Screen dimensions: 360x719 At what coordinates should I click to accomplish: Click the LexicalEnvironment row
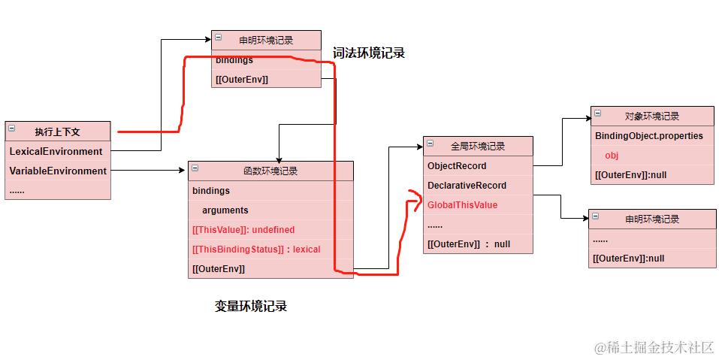56,151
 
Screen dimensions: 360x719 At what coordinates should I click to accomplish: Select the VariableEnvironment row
58,171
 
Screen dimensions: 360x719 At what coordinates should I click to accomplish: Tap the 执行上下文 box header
58,131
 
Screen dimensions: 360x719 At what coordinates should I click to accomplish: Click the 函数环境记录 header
270,171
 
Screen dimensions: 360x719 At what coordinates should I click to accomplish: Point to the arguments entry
225,210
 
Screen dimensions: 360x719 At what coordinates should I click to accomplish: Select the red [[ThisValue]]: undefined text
243,230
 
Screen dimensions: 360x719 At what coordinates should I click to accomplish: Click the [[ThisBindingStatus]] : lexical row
256,249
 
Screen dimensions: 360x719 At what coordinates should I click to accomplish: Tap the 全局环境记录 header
478,146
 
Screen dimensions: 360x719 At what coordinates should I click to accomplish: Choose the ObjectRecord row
457,166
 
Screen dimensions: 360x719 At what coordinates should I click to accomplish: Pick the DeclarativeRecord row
467,186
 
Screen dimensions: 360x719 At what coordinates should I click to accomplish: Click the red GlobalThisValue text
462,205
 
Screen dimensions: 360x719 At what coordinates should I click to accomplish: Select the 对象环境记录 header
652,116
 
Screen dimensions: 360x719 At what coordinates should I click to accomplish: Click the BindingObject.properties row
649,136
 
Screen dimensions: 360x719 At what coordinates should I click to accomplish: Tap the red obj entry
612,156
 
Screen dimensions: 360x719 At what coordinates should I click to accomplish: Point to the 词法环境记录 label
369,53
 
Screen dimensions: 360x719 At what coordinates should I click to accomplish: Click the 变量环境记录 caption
251,306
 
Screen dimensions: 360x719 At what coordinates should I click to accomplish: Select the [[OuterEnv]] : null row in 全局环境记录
469,244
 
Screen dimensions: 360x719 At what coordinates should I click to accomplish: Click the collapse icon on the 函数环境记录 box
195,168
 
